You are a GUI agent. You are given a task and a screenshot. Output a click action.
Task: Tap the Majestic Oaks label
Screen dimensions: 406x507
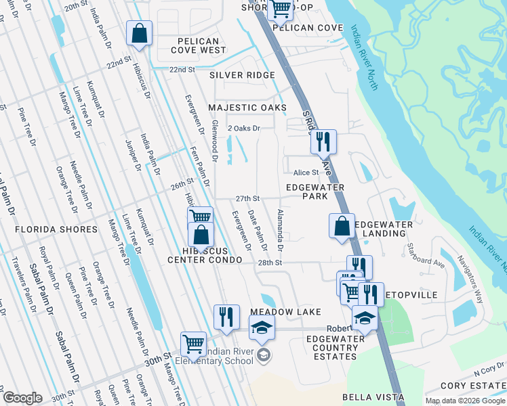point(247,108)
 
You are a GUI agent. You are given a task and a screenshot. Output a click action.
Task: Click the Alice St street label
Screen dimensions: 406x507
point(306,173)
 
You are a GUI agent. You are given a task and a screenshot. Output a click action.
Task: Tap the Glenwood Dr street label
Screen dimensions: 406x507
point(214,142)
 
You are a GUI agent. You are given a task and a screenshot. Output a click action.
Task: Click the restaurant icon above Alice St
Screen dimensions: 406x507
point(323,141)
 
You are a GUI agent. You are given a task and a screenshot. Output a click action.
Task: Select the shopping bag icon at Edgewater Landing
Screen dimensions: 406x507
point(342,225)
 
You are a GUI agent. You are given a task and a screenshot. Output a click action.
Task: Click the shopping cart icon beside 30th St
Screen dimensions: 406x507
point(193,344)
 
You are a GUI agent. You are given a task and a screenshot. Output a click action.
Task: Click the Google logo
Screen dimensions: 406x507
point(22,398)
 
